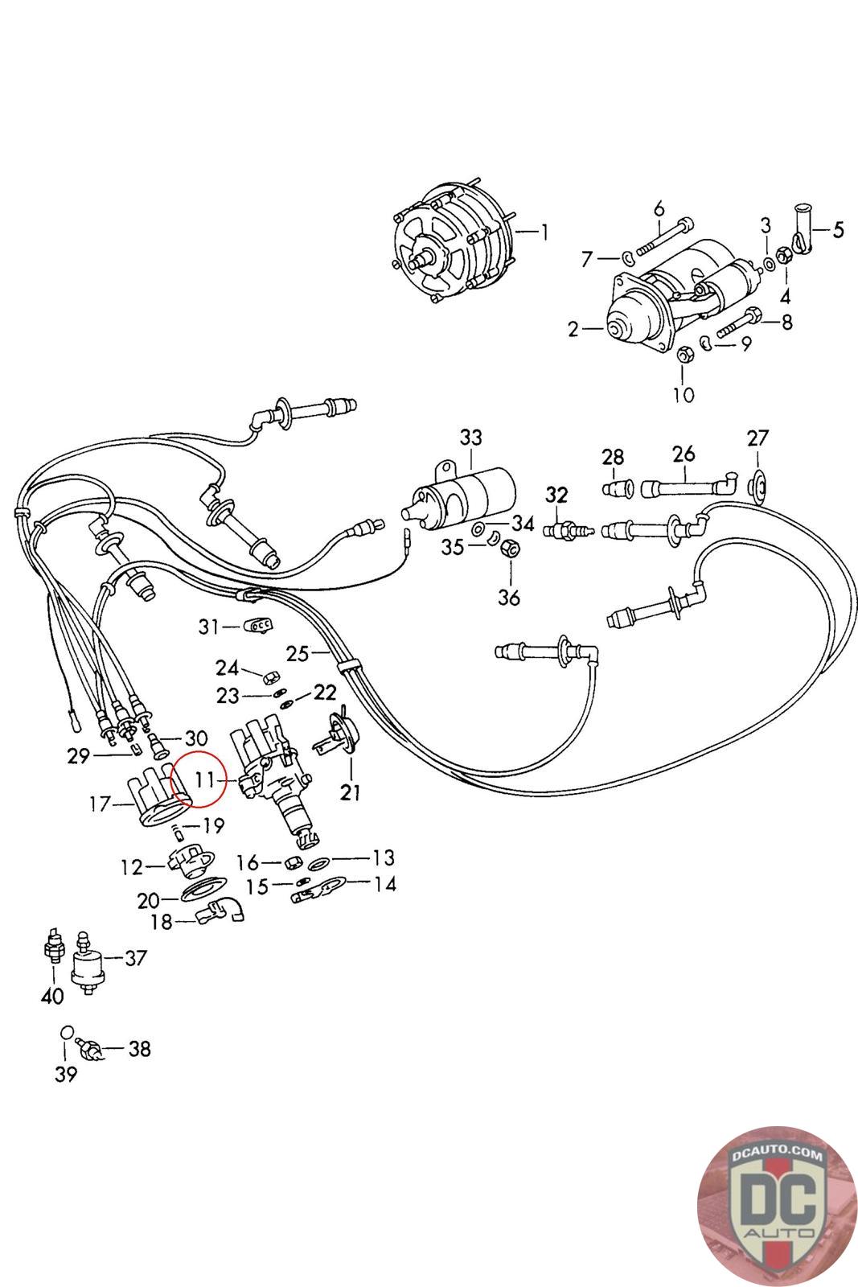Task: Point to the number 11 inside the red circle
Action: pos(205,779)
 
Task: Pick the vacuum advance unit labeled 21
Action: pos(340,738)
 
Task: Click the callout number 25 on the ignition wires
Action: pos(297,653)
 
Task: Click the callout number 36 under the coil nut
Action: pos(509,598)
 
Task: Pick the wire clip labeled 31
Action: pos(257,625)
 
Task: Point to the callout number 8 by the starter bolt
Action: pos(786,322)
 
